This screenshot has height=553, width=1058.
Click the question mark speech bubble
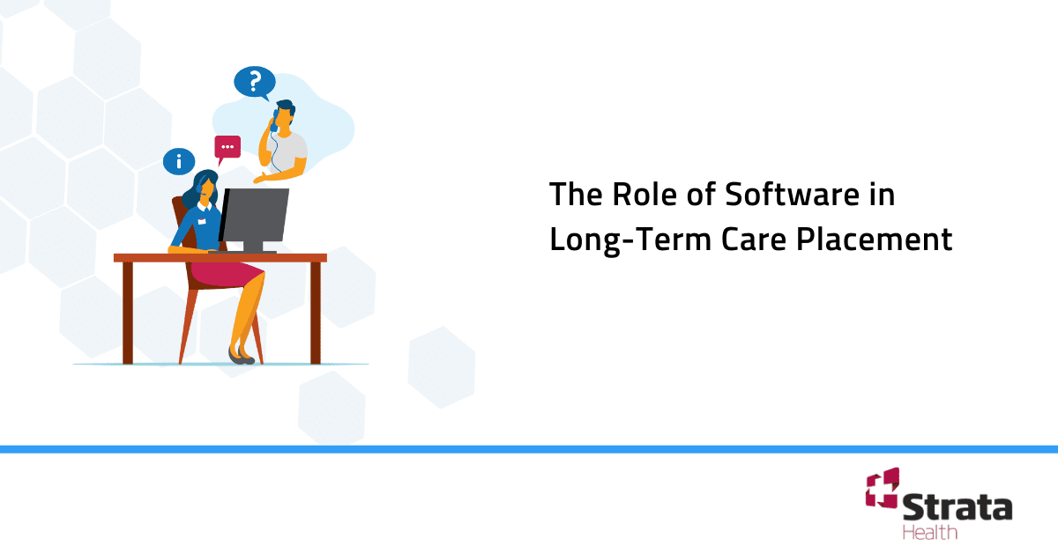point(255,82)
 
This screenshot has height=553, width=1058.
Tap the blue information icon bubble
point(179,161)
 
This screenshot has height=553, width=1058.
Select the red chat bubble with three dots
point(227,147)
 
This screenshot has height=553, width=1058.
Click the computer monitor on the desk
point(255,215)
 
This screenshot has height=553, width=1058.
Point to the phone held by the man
point(275,120)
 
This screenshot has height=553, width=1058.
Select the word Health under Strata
point(929,532)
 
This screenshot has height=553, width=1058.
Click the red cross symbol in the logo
point(881,488)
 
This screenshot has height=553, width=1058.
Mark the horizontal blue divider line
point(529,449)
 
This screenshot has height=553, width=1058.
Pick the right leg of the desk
point(315,313)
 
